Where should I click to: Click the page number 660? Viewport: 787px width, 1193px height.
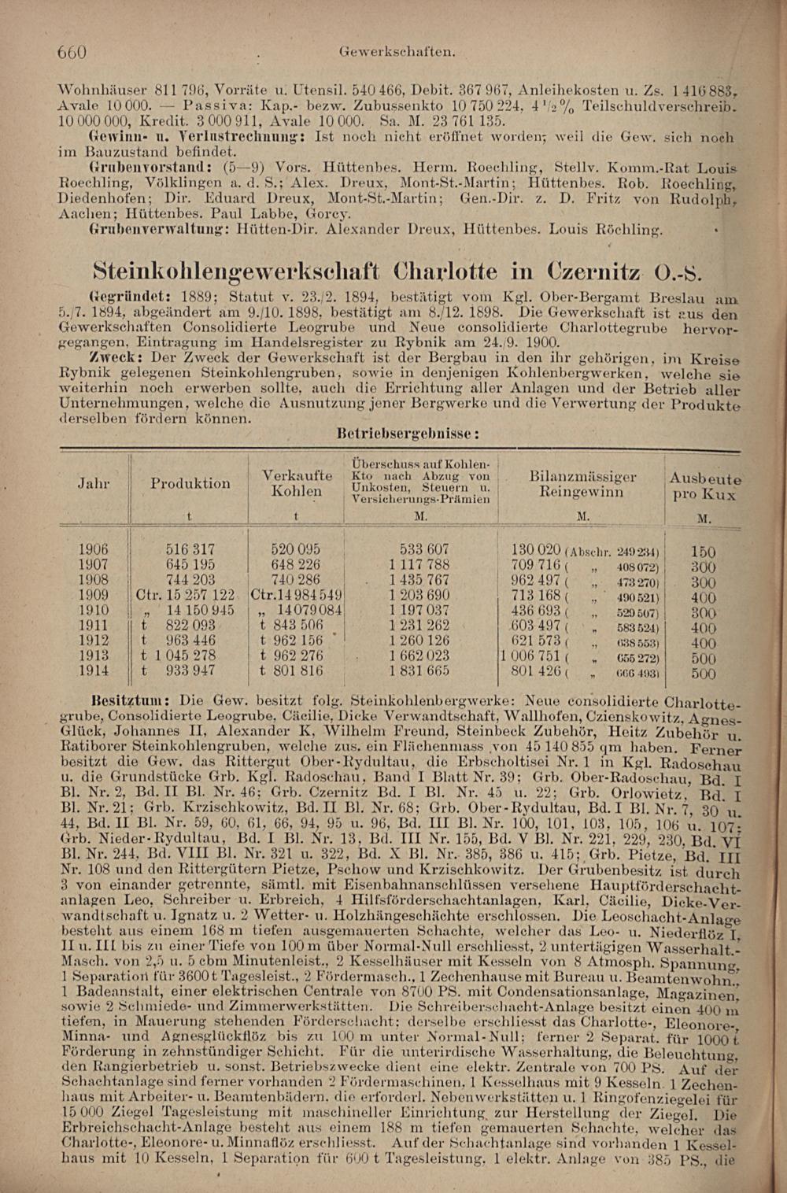tap(72, 53)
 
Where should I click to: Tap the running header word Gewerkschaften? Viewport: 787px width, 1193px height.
tap(397, 52)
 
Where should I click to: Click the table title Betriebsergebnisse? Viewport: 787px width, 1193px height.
tap(408, 434)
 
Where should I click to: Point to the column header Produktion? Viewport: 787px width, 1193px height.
tap(190, 483)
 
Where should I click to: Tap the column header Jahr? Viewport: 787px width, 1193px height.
tap(93, 483)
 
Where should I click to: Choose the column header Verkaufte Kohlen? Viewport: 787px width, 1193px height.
tap(297, 483)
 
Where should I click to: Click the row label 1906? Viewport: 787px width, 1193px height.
tap(94, 549)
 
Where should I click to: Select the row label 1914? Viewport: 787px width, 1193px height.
tap(94, 671)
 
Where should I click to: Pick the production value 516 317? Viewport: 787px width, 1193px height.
tap(190, 549)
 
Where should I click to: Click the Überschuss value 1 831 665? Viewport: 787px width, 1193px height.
tap(419, 671)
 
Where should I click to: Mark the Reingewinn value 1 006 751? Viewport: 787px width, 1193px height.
tap(530, 656)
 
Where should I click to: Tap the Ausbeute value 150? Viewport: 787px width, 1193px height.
tap(703, 552)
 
